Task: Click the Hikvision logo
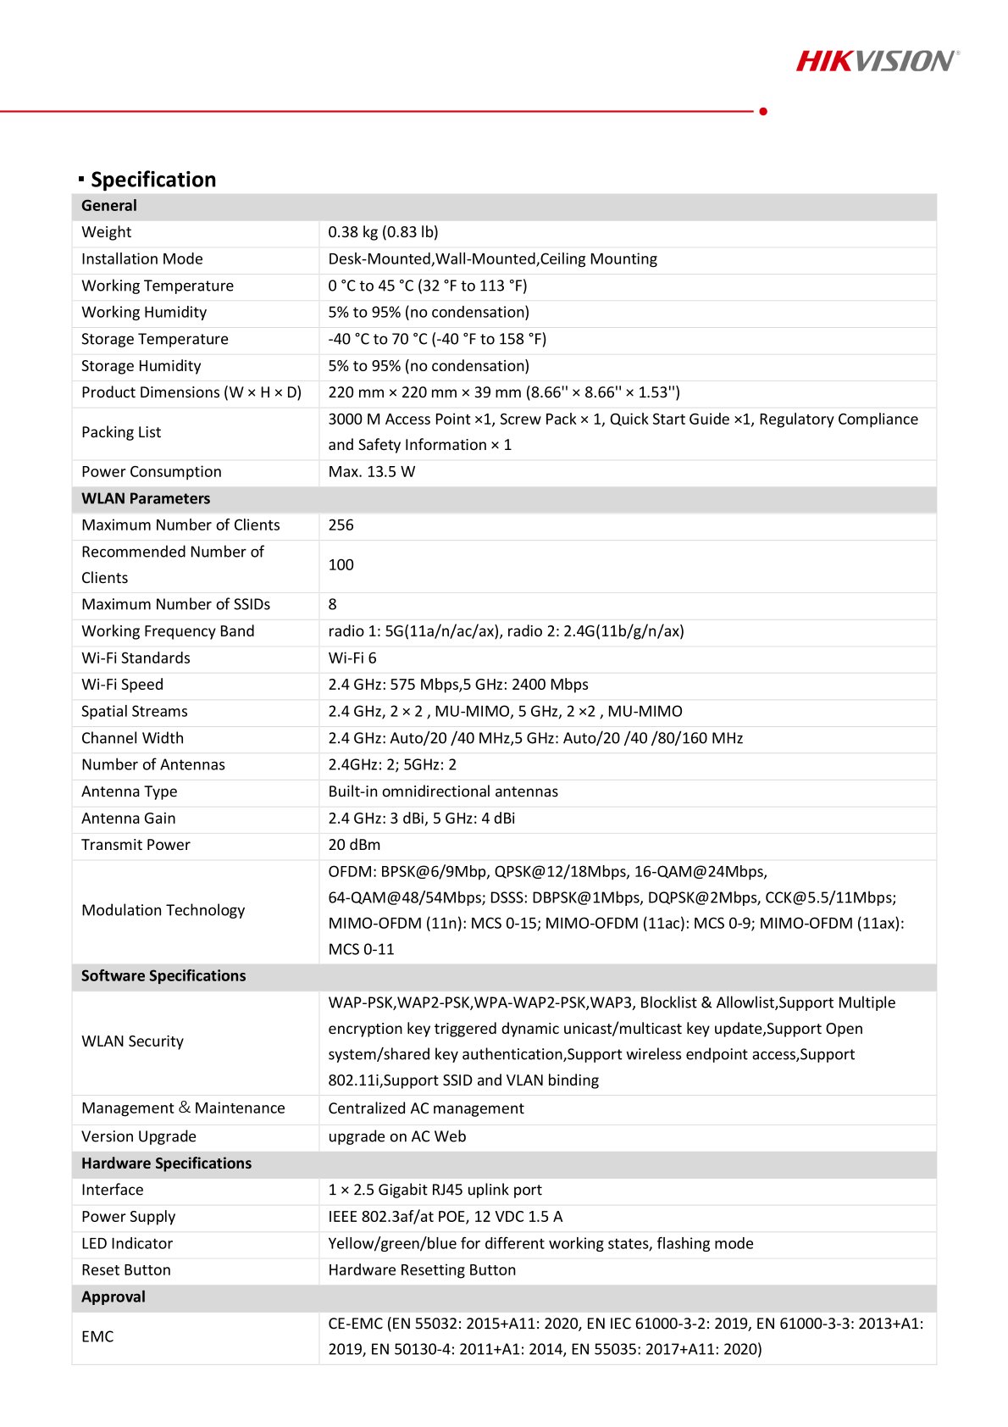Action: point(878,61)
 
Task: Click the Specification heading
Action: point(153,180)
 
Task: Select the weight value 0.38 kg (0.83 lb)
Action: point(383,232)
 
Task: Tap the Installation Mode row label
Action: point(142,259)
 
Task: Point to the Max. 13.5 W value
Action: point(372,472)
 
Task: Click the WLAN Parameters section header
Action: point(146,499)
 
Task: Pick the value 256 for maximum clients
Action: point(341,525)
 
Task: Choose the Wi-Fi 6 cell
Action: point(352,658)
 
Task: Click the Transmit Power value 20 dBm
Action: point(354,845)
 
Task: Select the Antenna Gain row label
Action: point(129,819)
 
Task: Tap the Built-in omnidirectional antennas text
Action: point(443,791)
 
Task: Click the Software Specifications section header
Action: point(163,976)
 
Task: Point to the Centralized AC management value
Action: point(426,1108)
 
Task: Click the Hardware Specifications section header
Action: point(166,1163)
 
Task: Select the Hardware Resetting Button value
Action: point(422,1270)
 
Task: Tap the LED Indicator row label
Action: point(127,1244)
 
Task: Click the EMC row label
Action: point(97,1337)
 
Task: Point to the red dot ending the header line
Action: point(763,111)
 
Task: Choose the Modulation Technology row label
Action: point(163,911)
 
